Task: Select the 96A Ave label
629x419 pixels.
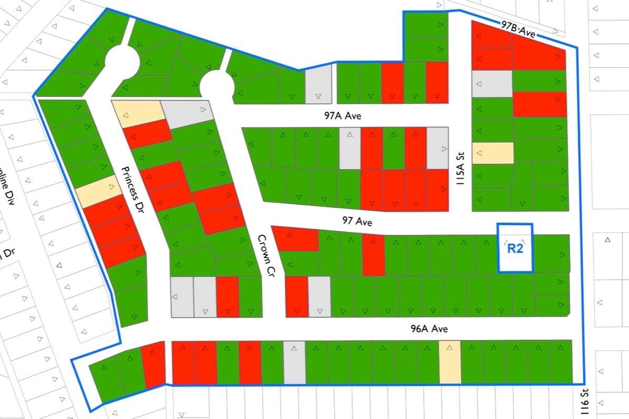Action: click(x=429, y=329)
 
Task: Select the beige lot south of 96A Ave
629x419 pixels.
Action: click(x=450, y=362)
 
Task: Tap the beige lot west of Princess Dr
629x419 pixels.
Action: click(x=98, y=191)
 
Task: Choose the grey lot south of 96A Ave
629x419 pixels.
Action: click(x=294, y=362)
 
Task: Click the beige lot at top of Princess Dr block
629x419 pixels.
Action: click(x=137, y=113)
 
